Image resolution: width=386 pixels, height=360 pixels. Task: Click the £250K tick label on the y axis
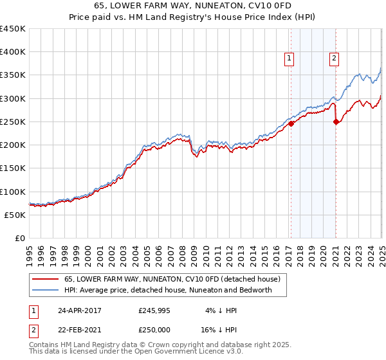pyautogui.click(x=12, y=122)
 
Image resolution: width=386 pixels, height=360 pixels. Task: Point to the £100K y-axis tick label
pyautogui.click(x=12, y=192)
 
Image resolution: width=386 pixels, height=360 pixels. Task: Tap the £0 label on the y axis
pyautogui.click(x=19, y=239)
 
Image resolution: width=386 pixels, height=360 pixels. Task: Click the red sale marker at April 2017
pyautogui.click(x=291, y=123)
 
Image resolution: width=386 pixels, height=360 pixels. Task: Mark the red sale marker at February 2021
pyautogui.click(x=336, y=122)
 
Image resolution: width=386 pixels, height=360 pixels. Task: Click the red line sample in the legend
pyautogui.click(x=45, y=280)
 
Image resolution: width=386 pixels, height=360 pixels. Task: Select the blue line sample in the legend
pyautogui.click(x=45, y=290)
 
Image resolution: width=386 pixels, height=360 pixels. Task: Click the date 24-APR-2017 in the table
pyautogui.click(x=79, y=310)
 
